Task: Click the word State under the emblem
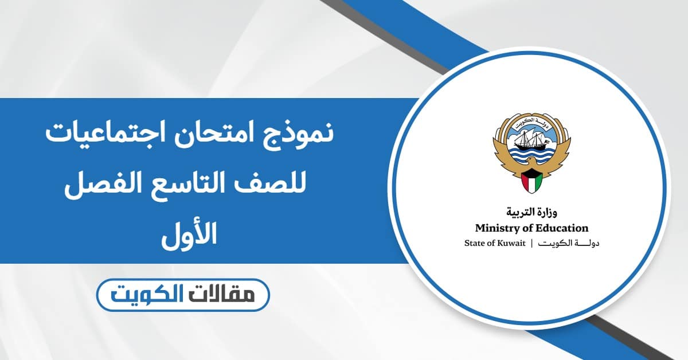[x=474, y=244]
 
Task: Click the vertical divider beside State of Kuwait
[x=531, y=244]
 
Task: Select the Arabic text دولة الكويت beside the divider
[x=566, y=244]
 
